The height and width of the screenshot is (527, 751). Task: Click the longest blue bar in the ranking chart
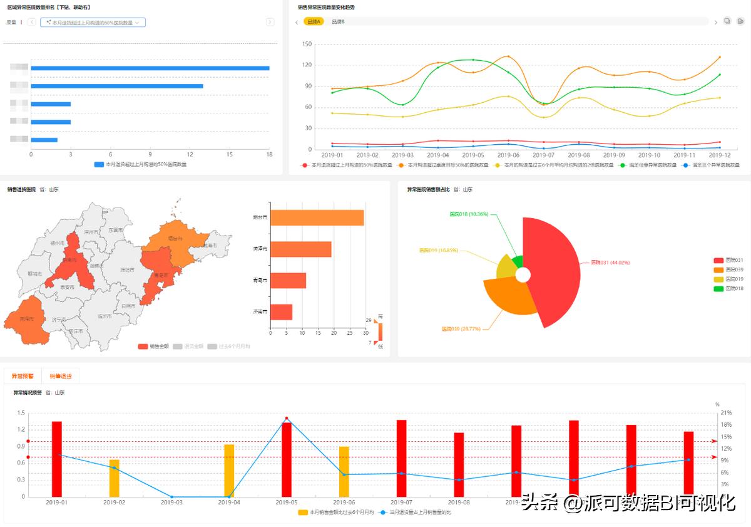pyautogui.click(x=150, y=68)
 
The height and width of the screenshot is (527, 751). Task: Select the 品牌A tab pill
pyautogui.click(x=314, y=22)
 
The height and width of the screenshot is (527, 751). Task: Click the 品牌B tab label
pyautogui.click(x=338, y=22)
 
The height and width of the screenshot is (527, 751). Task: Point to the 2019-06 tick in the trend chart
pyautogui.click(x=508, y=155)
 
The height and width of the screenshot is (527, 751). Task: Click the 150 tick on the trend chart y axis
pyautogui.click(x=307, y=44)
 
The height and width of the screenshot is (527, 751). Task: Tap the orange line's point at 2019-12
pyautogui.click(x=720, y=57)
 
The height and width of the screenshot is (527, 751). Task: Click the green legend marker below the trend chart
pyautogui.click(x=622, y=165)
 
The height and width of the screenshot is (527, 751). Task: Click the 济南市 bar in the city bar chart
pyautogui.click(x=281, y=311)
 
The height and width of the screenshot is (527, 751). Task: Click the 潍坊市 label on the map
pyautogui.click(x=126, y=270)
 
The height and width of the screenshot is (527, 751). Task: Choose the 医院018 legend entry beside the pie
pyautogui.click(x=729, y=288)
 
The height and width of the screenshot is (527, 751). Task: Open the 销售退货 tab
pyautogui.click(x=61, y=376)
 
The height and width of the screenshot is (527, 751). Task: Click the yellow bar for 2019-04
pyautogui.click(x=229, y=470)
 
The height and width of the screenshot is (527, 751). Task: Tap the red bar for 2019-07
pyautogui.click(x=401, y=457)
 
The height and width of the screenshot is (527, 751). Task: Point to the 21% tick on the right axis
pyautogui.click(x=725, y=413)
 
